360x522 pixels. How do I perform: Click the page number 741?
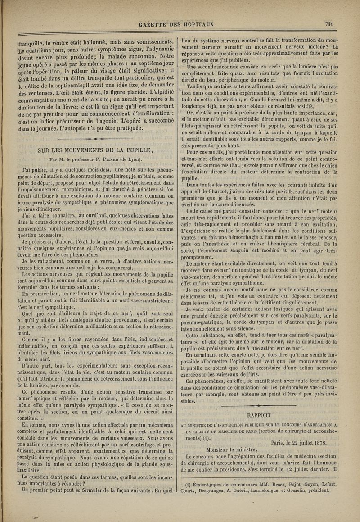point(333,24)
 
